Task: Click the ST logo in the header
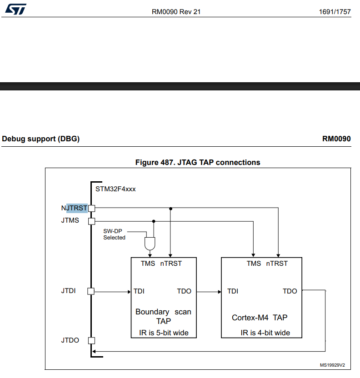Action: (x=16, y=9)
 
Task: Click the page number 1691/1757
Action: (x=335, y=12)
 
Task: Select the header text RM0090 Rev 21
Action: (x=176, y=12)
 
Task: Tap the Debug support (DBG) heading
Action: (x=41, y=139)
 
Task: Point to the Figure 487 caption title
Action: (x=198, y=162)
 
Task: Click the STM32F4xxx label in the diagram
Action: (x=115, y=189)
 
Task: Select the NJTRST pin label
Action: (x=74, y=208)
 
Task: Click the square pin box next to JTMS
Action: (x=91, y=222)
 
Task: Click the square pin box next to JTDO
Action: (x=91, y=340)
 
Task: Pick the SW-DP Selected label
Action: (x=114, y=234)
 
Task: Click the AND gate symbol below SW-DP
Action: (x=149, y=244)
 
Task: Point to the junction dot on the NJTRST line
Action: (x=170, y=209)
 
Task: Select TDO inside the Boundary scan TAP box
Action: (x=184, y=291)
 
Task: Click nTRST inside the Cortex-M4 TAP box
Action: (x=277, y=264)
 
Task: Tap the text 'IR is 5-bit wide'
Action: (x=164, y=333)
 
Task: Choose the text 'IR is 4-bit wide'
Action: (x=265, y=333)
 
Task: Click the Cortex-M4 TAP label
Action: (x=259, y=318)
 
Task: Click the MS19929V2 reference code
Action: (x=332, y=365)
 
